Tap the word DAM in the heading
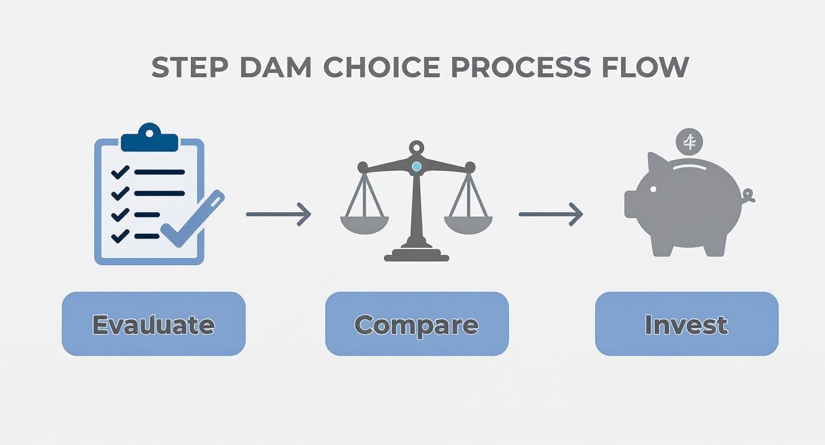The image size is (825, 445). [275, 68]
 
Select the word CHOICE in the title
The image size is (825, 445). [382, 68]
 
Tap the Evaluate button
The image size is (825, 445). [154, 324]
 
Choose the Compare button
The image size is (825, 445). [417, 324]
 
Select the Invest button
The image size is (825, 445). [686, 324]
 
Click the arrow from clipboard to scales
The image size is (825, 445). [278, 214]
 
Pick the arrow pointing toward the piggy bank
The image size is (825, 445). [551, 214]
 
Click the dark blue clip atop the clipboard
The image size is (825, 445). [149, 140]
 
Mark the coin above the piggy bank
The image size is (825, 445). [689, 142]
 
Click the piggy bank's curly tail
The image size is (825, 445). [747, 195]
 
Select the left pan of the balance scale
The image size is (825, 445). [364, 223]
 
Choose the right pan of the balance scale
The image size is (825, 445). [468, 223]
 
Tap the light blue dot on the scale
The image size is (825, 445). [417, 167]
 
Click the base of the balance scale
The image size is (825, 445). [417, 254]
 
